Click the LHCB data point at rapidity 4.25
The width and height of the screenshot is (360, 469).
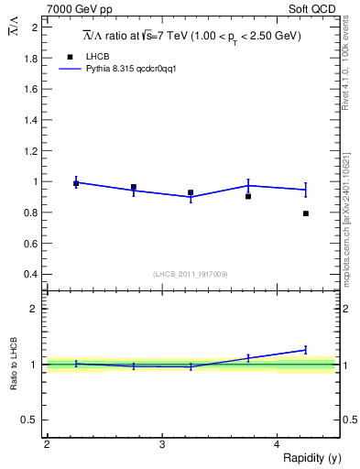tap(306, 213)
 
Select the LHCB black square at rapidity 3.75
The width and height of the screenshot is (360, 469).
tap(248, 196)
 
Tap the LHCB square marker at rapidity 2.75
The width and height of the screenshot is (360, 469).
tap(134, 187)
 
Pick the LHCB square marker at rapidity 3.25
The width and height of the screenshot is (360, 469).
tap(191, 192)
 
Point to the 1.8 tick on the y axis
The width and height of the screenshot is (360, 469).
tap(31, 59)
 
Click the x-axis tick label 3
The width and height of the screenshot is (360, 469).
tap(162, 444)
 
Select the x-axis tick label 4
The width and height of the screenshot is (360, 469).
tap(278, 444)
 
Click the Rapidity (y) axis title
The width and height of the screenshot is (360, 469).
tap(311, 458)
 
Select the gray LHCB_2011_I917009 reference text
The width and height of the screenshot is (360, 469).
tap(191, 274)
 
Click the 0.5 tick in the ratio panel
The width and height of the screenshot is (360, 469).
tap(31, 420)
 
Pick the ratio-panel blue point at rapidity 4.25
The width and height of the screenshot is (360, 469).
tap(306, 349)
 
